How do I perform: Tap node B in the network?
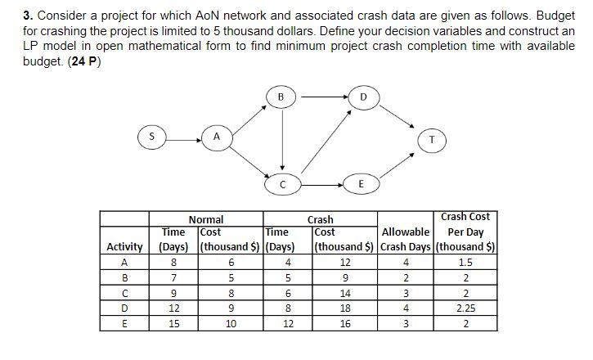(x=281, y=97)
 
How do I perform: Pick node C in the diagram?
(x=282, y=184)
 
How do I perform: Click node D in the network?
(x=364, y=98)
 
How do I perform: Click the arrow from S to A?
(x=183, y=140)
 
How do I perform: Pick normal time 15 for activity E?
(x=173, y=324)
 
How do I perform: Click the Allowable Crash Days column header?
(x=406, y=240)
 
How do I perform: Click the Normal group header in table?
(x=206, y=219)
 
